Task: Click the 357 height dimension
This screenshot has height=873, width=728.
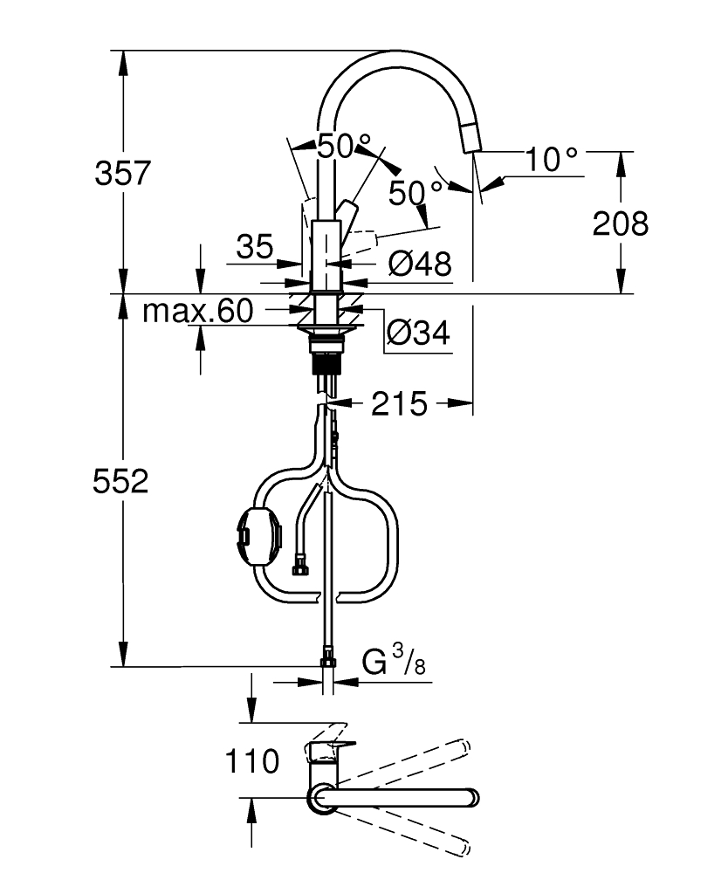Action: click(x=122, y=172)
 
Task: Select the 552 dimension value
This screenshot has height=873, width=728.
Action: click(x=120, y=481)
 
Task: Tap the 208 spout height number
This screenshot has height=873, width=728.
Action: click(x=620, y=223)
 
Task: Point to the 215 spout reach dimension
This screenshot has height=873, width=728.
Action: click(x=399, y=403)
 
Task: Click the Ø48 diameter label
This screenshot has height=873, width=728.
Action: click(x=420, y=264)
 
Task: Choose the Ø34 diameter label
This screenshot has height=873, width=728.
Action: click(x=418, y=333)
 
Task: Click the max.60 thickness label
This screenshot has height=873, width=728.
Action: click(x=198, y=311)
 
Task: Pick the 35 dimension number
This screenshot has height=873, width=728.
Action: click(x=255, y=247)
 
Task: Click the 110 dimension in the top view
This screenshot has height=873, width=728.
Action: click(x=251, y=761)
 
